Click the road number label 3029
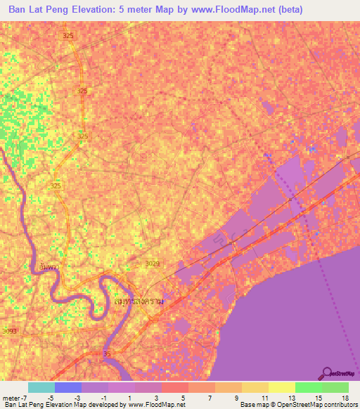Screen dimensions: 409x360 tap(152, 264)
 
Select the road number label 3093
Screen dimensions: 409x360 tap(9, 331)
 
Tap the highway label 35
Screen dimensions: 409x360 tap(108, 353)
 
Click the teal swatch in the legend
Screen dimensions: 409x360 tap(41, 387)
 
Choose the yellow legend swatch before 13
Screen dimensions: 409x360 tap(281, 387)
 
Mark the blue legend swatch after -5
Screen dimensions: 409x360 tap(67, 387)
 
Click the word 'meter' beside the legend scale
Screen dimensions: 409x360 tap(11, 398)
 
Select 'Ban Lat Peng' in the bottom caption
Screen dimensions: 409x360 tap(22, 405)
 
